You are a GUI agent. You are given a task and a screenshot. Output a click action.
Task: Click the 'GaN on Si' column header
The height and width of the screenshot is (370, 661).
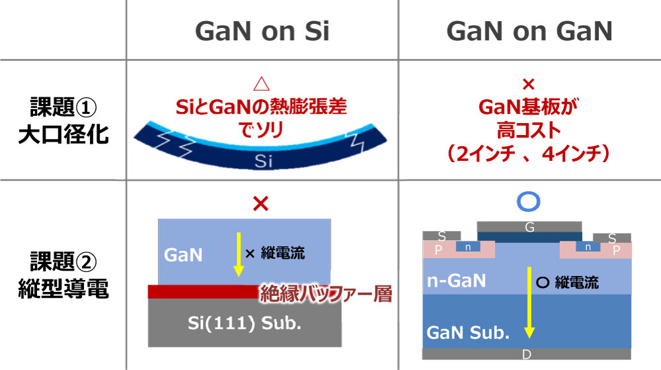pyautogui.click(x=262, y=31)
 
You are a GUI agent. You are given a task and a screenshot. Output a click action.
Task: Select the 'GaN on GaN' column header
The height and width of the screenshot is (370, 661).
pyautogui.click(x=529, y=31)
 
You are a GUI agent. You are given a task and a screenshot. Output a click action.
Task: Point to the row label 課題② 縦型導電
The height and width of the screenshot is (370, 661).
pyautogui.click(x=63, y=277)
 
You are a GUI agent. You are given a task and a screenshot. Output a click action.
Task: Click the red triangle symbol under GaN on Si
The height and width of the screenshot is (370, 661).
pyautogui.click(x=262, y=84)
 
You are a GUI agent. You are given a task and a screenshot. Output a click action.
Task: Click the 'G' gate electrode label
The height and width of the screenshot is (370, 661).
pyautogui.click(x=529, y=227)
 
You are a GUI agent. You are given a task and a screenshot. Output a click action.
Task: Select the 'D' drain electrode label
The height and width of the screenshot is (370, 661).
pyautogui.click(x=527, y=355)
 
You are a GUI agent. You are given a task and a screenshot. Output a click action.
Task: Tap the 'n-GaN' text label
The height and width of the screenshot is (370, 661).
pyautogui.click(x=456, y=280)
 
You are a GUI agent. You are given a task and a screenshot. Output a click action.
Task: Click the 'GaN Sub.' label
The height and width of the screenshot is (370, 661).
pyautogui.click(x=468, y=333)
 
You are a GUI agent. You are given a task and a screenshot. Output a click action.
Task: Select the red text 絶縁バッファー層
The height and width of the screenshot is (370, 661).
pyautogui.click(x=325, y=293)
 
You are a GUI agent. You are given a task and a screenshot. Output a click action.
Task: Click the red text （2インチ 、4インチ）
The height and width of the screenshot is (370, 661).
pyautogui.click(x=527, y=150)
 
